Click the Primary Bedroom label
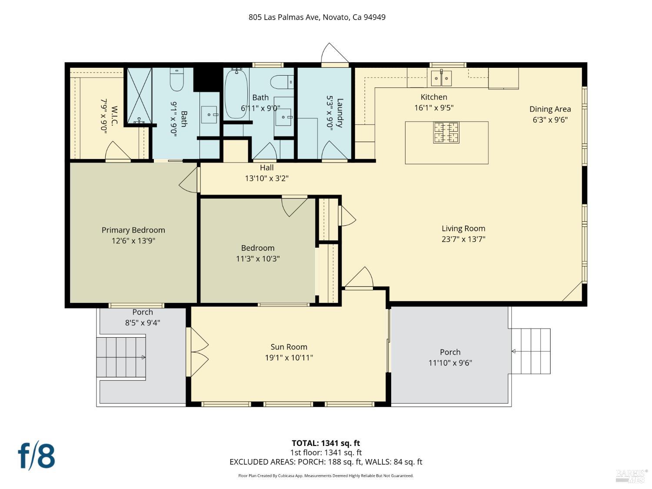[x=133, y=230]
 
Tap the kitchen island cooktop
[x=446, y=133]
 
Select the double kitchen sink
[x=441, y=78]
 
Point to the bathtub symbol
[x=236, y=93]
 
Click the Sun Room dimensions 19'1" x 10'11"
[x=289, y=357]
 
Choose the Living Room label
[x=463, y=228]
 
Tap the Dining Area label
[x=550, y=109]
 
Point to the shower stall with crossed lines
[x=140, y=95]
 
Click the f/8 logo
[x=37, y=457]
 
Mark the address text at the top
[x=317, y=17]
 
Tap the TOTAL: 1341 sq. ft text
[x=326, y=443]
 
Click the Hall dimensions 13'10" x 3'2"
[x=267, y=178]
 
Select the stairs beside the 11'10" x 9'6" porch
[x=531, y=351]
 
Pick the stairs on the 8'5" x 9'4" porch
[x=121, y=357]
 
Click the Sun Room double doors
[x=197, y=352]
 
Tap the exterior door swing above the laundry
[x=334, y=53]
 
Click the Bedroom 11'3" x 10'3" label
[x=258, y=248]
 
